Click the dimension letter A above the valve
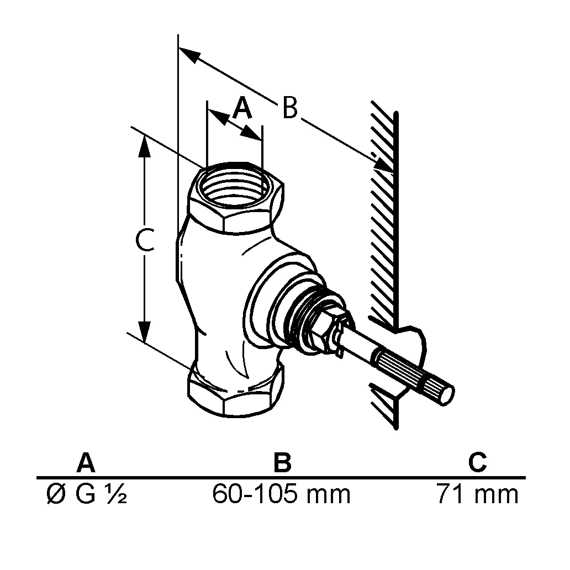(x=241, y=108)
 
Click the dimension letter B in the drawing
(x=289, y=108)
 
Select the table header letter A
(x=85, y=463)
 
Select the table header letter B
(x=282, y=463)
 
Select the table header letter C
(x=477, y=463)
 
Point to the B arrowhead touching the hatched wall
(x=383, y=165)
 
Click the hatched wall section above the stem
(x=384, y=221)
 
